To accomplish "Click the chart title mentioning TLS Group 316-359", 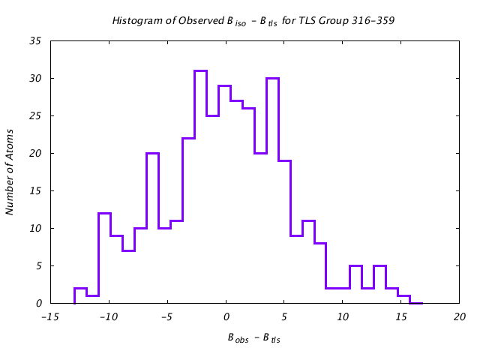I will click(x=253, y=21).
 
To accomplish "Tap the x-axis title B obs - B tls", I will click(x=253, y=338).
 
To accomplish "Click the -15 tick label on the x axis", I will click(x=51, y=317).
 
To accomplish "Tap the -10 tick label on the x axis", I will click(x=109, y=317).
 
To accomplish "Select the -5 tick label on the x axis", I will click(x=168, y=317).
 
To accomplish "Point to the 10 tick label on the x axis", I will click(x=343, y=317).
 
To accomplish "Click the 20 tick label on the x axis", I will click(x=459, y=317).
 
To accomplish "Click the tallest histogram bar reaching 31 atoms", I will click(x=200, y=187).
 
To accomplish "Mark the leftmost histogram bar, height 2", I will click(x=80, y=295).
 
